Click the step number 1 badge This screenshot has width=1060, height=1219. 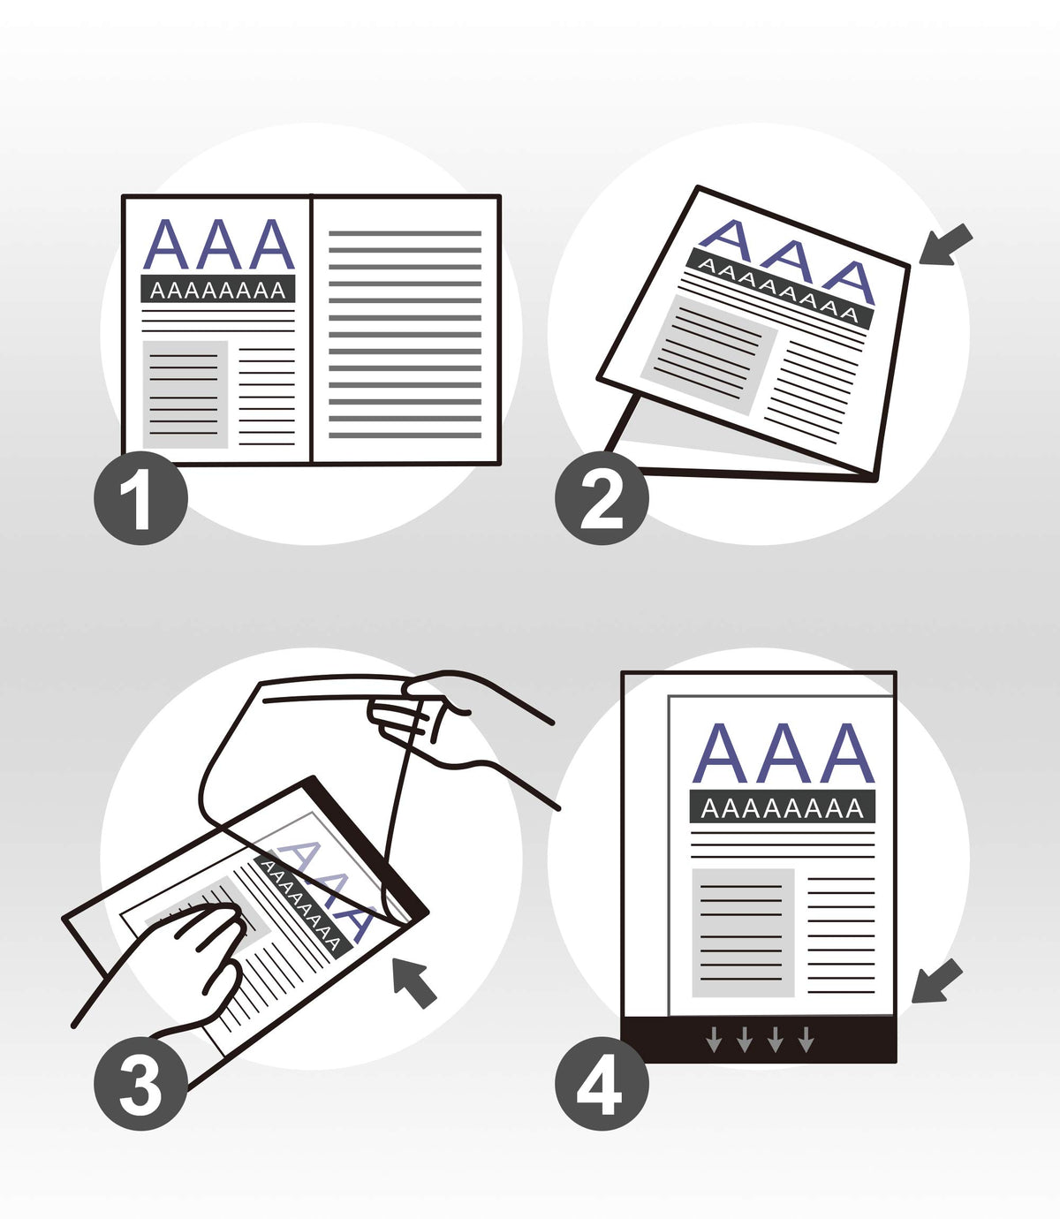141,497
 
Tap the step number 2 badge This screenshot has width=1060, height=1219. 602,497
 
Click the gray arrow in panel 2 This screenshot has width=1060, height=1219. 945,245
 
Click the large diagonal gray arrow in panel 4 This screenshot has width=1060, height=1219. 936,981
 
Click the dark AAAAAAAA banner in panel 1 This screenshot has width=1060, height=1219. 218,289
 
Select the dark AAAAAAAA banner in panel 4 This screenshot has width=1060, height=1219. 783,806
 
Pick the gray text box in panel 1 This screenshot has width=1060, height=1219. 185,395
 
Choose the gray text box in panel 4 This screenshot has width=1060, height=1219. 743,933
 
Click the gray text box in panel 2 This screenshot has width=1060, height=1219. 709,355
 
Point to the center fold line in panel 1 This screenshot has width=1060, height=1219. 311,329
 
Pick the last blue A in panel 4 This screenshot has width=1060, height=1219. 847,753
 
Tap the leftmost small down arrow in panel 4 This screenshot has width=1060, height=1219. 713,1039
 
